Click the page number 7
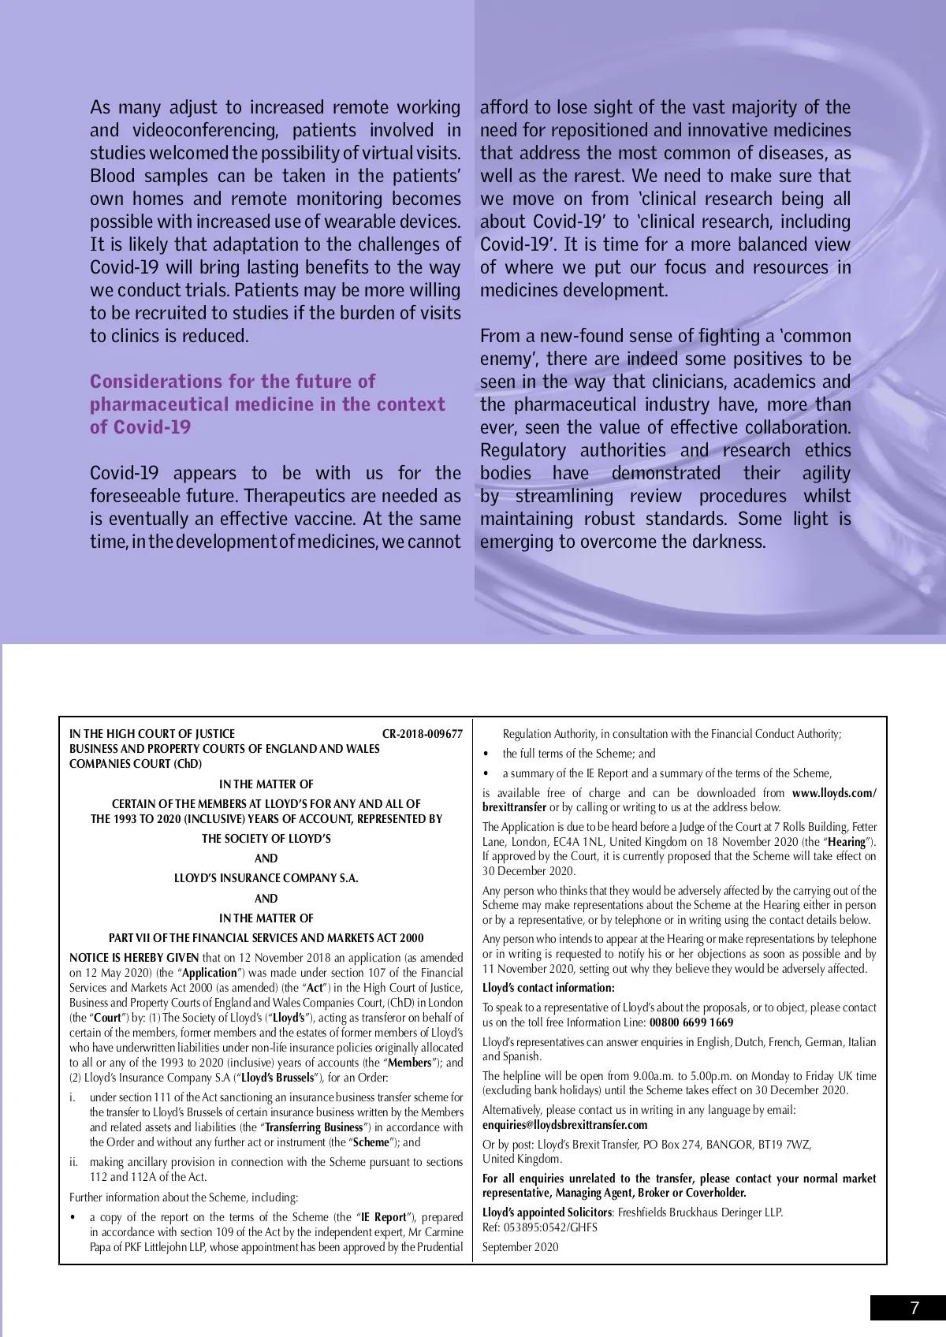[x=914, y=1308]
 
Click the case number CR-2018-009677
[x=422, y=733]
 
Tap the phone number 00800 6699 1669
[x=691, y=1022]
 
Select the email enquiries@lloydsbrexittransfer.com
[x=564, y=1125]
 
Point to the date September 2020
[x=520, y=1247]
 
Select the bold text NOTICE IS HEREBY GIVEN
[x=134, y=958]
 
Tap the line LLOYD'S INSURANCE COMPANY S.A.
[x=266, y=878]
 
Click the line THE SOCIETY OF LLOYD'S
[x=266, y=839]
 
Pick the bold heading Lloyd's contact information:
[x=549, y=988]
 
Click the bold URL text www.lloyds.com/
[x=834, y=793]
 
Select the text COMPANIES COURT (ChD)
[x=136, y=763]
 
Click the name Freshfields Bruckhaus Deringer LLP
[x=700, y=1212]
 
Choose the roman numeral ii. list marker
[x=74, y=1162]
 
